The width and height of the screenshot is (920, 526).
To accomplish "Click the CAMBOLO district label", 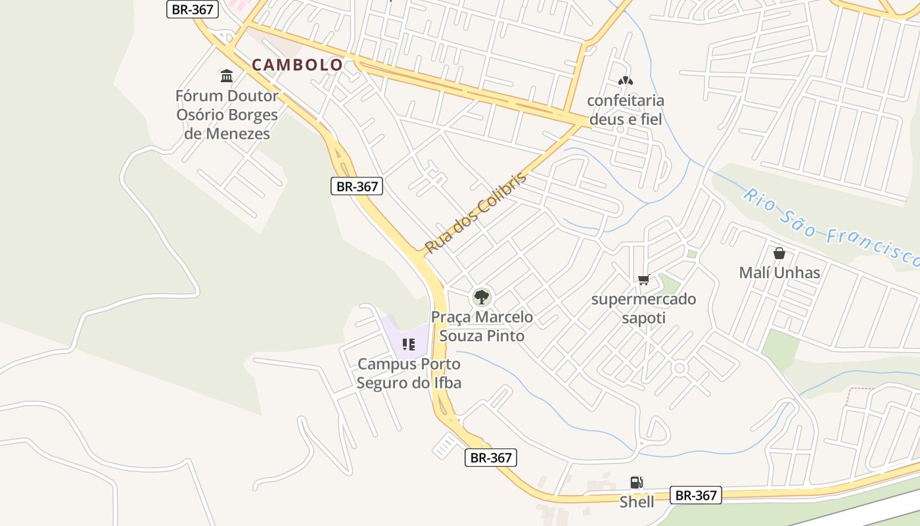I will (297, 64).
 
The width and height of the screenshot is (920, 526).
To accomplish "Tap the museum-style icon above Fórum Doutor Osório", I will (227, 76).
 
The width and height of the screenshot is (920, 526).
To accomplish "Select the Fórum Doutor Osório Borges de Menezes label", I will (227, 114).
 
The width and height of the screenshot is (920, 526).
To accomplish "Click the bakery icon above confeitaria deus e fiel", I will (625, 82).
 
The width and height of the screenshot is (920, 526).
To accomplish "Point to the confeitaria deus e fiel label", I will (626, 110).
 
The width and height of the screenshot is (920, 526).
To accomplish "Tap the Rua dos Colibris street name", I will (476, 213).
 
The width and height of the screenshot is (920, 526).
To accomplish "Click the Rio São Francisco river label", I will (831, 226).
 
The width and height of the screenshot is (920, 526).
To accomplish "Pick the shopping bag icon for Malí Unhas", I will (779, 253).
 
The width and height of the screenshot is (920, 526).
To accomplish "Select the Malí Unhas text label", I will (779, 272).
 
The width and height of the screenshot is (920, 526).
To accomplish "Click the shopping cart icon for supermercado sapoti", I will (644, 280).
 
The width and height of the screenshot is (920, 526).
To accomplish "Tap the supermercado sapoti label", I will (643, 308).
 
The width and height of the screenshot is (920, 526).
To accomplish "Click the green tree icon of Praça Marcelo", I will (482, 297).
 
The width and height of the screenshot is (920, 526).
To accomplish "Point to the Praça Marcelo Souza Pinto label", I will (482, 326).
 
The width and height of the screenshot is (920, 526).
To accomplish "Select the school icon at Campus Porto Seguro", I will (409, 345).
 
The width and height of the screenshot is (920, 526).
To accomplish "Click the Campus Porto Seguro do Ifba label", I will (409, 373).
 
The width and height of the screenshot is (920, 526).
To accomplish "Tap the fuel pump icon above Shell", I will (636, 483).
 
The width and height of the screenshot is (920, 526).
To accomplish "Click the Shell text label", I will (637, 502).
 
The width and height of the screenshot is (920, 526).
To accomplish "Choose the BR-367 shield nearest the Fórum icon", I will (192, 9).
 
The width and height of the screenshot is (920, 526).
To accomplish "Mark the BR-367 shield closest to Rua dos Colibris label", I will (356, 186).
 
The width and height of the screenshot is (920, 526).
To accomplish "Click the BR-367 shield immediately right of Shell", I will (696, 495).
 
